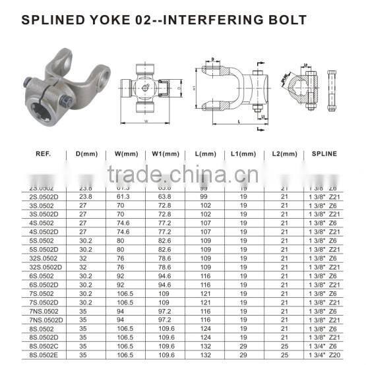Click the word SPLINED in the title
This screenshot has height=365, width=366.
55,19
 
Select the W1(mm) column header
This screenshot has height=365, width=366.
166,154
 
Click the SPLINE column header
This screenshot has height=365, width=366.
324,154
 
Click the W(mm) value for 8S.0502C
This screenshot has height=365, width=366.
125,345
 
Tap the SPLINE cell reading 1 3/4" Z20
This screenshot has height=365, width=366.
324,354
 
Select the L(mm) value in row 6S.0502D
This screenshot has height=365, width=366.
204,284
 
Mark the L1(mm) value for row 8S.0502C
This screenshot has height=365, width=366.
244,345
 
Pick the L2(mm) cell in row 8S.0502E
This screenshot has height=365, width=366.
284,354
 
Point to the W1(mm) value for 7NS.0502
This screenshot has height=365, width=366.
165,310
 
